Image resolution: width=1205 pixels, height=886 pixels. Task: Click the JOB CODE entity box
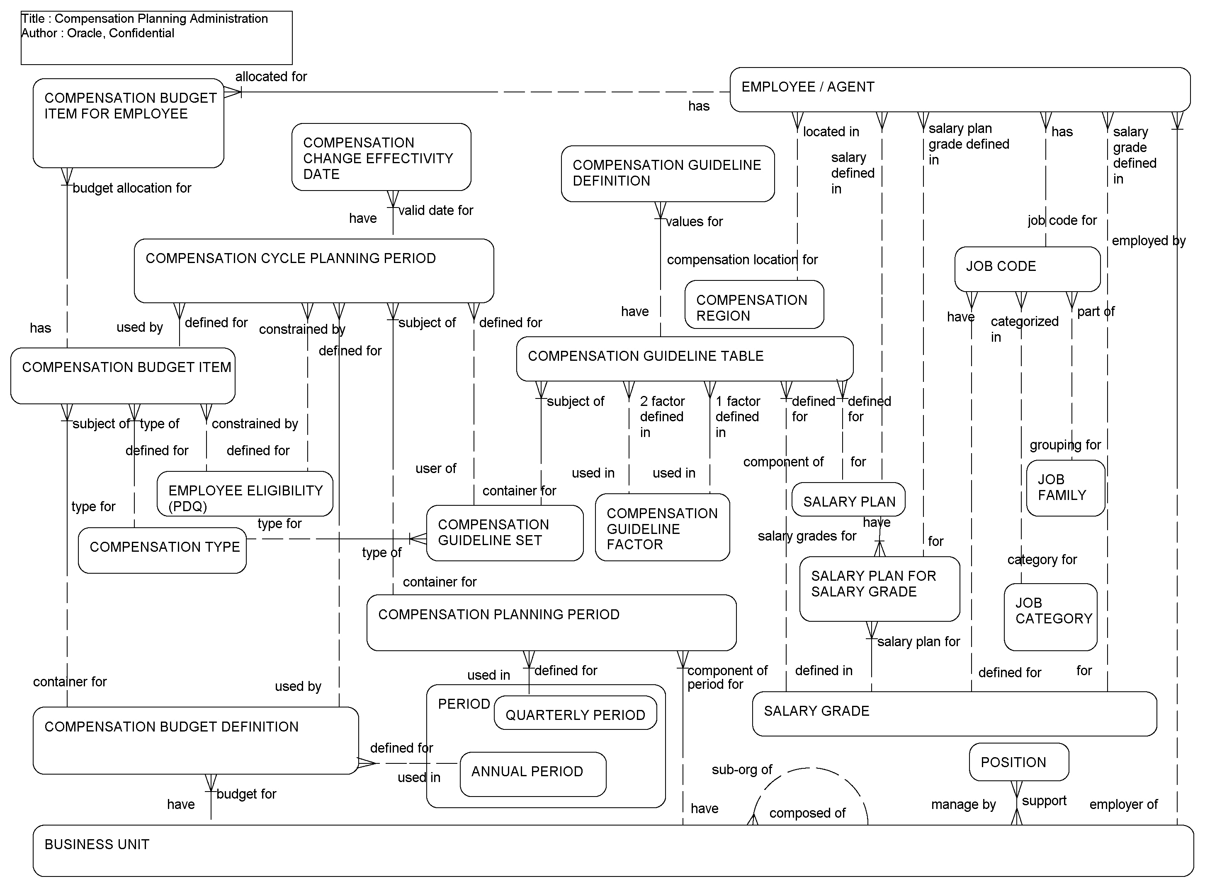tap(1027, 269)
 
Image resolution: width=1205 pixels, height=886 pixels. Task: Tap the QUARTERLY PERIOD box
tap(575, 713)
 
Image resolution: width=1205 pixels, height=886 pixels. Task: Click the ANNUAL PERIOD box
tap(532, 774)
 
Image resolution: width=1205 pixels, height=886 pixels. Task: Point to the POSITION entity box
tap(1018, 762)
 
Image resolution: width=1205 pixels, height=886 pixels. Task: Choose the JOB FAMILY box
tap(1065, 488)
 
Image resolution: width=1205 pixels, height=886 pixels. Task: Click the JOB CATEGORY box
tap(1050, 617)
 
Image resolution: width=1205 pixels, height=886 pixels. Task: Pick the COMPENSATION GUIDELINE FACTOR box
tap(662, 527)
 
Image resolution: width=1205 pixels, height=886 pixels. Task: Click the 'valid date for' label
tap(435, 210)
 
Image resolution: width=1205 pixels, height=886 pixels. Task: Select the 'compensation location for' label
tap(742, 260)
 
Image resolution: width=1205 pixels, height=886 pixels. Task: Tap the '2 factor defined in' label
tap(661, 417)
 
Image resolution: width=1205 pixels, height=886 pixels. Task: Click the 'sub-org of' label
tap(741, 770)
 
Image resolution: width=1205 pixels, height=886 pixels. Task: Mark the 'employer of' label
tap(1123, 804)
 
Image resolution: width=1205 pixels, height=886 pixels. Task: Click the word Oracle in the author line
tap(85, 33)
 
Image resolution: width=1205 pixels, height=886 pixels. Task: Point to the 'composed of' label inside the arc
tap(807, 813)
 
